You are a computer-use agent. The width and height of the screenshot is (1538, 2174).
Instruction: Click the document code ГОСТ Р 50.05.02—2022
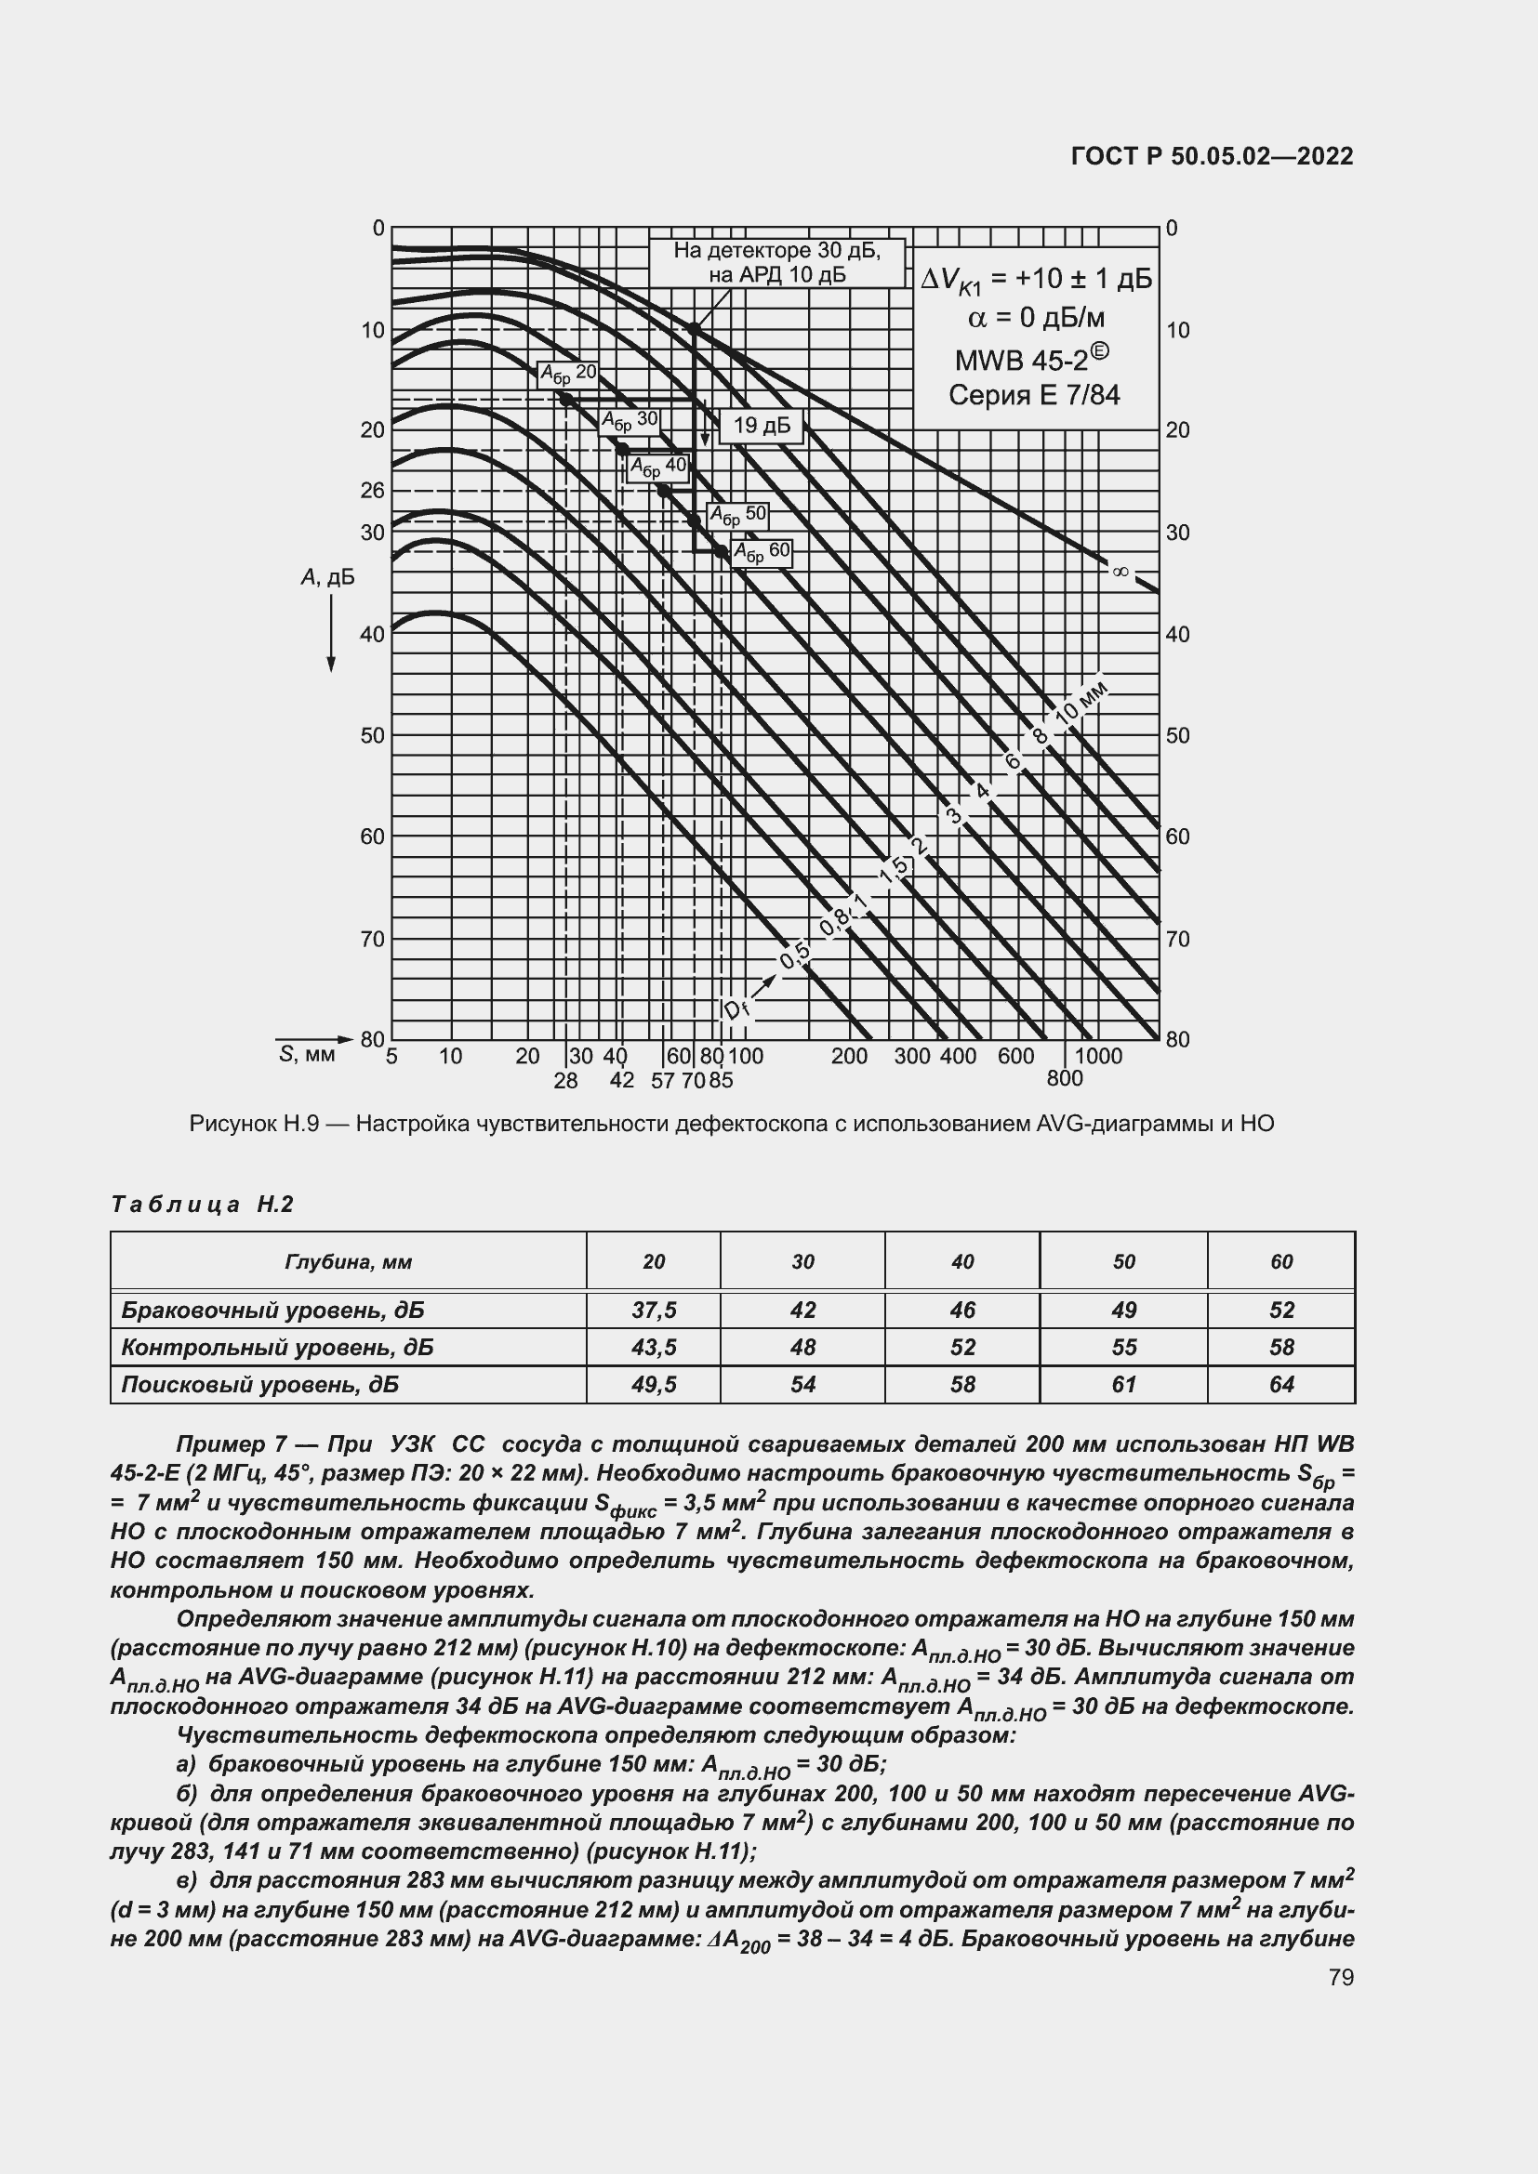click(x=1212, y=156)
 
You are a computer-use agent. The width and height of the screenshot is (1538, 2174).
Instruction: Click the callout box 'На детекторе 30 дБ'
click(x=776, y=262)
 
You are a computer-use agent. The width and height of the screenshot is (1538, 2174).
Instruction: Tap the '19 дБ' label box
click(x=762, y=426)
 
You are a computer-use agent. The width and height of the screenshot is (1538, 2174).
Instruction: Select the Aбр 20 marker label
click(x=568, y=373)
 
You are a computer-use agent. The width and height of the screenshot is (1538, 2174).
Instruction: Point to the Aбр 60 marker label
click(x=762, y=552)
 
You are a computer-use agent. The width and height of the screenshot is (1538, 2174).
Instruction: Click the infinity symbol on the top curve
click(x=1120, y=571)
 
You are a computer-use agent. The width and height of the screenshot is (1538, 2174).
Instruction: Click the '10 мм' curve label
click(x=1081, y=703)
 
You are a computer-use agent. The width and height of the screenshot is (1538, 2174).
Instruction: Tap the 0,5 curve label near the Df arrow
click(x=793, y=957)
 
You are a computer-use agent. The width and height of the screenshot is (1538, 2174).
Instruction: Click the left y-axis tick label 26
click(x=373, y=491)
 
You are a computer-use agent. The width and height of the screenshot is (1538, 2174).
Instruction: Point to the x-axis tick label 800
click(x=1065, y=1078)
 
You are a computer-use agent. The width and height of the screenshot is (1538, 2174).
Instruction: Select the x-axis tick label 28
click(x=565, y=1080)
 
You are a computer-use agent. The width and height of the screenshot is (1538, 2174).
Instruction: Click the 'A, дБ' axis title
click(x=327, y=576)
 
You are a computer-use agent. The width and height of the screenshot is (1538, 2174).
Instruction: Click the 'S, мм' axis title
click(x=308, y=1055)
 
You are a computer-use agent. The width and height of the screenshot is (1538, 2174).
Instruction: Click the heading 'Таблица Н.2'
click(x=203, y=1205)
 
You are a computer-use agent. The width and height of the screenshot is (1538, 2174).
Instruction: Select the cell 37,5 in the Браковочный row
click(x=654, y=1310)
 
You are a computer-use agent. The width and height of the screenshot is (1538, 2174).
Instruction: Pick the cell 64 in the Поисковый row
click(x=1280, y=1384)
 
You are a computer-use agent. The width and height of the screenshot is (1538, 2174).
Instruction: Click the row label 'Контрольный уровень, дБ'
click(x=277, y=1347)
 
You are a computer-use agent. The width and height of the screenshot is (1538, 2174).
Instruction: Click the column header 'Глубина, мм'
click(x=348, y=1261)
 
